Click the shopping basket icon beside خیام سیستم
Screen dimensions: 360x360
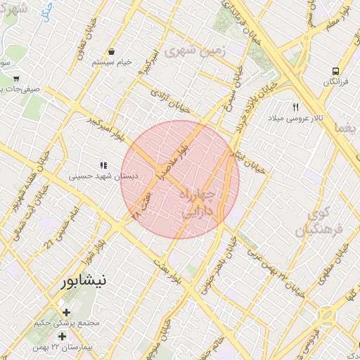(x=112, y=52)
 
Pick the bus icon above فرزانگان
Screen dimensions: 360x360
(x=335, y=72)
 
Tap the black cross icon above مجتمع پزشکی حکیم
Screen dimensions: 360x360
(x=66, y=312)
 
